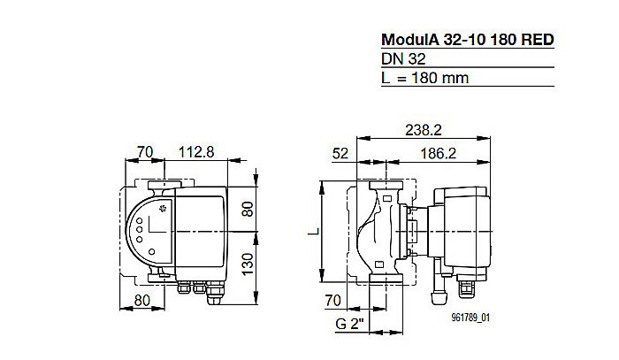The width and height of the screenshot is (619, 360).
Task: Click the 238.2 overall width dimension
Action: pyautogui.click(x=424, y=129)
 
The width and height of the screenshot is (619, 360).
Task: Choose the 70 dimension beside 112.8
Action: pyautogui.click(x=146, y=151)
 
